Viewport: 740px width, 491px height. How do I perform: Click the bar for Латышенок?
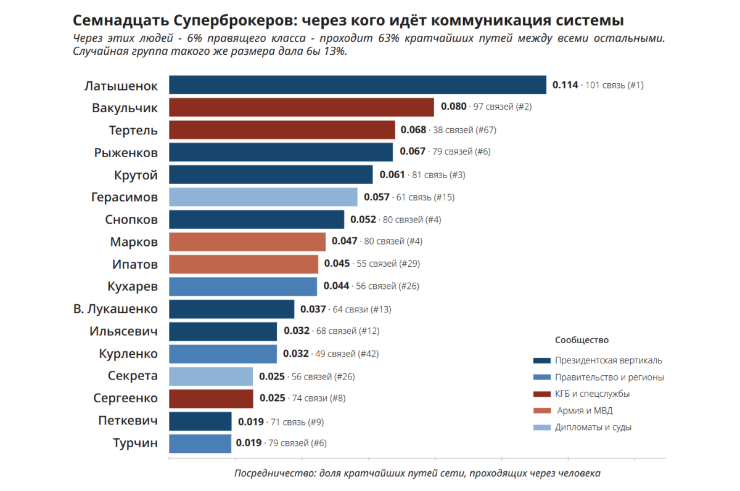358,85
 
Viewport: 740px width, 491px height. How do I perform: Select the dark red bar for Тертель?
282,129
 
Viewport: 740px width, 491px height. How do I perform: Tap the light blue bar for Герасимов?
263,197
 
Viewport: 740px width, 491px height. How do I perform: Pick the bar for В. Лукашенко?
232,309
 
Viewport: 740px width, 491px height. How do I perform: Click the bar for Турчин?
200,444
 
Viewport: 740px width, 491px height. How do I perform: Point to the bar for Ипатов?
244,264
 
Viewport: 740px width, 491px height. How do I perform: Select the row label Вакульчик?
125,108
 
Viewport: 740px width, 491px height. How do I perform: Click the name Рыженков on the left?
126,153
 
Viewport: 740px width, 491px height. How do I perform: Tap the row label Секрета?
133,376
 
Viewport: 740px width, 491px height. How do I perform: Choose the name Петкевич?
128,421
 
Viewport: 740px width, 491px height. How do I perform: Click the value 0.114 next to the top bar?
565,85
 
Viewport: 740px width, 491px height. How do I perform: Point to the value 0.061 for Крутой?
392,174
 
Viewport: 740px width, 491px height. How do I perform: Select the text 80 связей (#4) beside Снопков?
412,220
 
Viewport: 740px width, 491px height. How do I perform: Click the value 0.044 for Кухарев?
336,286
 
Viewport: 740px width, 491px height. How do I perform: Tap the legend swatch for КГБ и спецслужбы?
542,394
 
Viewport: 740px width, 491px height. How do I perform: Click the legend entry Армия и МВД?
585,411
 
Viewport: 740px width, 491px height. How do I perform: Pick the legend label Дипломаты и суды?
593,428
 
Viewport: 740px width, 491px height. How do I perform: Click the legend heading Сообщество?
582,340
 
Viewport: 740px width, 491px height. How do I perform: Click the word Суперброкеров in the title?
233,21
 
